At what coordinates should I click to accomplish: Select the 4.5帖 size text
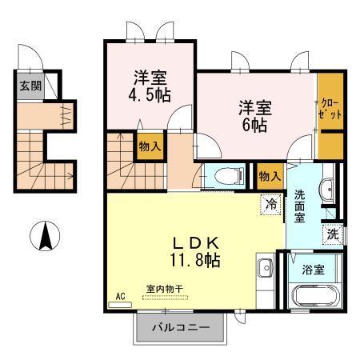[x=150, y=95]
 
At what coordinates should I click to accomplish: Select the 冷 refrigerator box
[x=272, y=205]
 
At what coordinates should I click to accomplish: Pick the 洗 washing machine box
[x=332, y=235]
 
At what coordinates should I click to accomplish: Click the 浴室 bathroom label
[x=313, y=270]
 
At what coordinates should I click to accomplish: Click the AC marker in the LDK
[x=121, y=296]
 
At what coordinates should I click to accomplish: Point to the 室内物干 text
[x=164, y=289]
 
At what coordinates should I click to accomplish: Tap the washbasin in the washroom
[x=327, y=190]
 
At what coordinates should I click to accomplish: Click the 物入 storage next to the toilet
[x=268, y=174]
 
